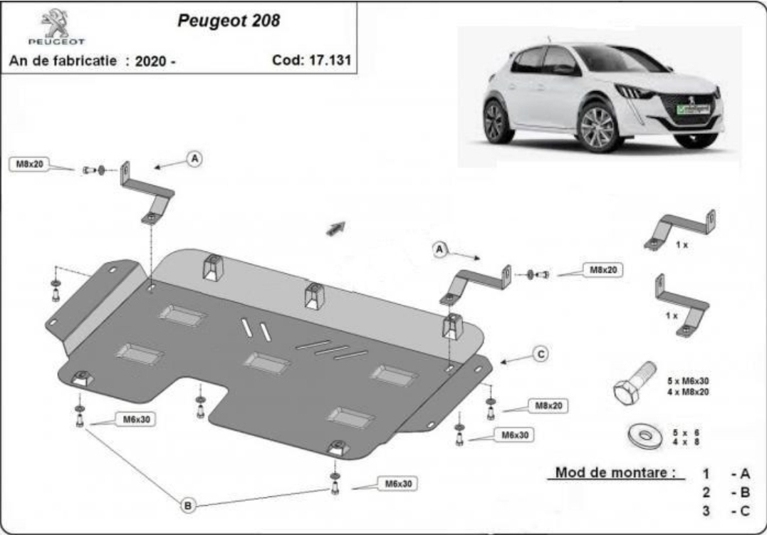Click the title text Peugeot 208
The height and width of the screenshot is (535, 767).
point(229,21)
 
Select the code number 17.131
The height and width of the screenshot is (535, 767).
point(330,60)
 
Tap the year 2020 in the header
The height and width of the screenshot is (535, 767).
point(151,61)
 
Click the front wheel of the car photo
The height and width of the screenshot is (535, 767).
point(598,128)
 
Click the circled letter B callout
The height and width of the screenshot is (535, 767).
point(188,505)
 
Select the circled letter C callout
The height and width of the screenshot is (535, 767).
point(541,354)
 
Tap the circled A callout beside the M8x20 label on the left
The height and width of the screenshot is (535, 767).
point(194,158)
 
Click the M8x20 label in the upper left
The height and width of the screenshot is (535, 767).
point(29,165)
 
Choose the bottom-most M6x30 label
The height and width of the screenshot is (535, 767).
point(398,484)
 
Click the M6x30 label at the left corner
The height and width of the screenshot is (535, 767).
point(136,420)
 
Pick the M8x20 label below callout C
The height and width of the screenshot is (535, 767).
point(548,406)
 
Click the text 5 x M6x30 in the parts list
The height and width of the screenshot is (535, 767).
point(688,381)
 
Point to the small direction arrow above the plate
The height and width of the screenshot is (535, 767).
point(336,228)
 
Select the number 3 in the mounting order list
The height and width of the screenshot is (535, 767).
point(706,511)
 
